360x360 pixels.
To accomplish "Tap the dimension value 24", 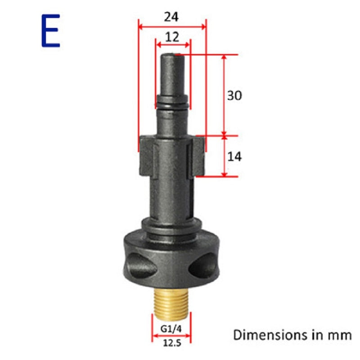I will pyautogui.click(x=171, y=17).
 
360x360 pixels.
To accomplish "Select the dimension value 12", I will pyautogui.click(x=172, y=37).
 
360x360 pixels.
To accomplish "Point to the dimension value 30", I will pyautogui.click(x=234, y=96).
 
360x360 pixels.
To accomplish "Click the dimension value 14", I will pyautogui.click(x=234, y=157).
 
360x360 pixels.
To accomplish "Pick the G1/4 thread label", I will pyautogui.click(x=171, y=328).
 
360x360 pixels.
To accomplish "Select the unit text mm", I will pyautogui.click(x=341, y=335).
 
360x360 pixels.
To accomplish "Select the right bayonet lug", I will pyautogui.click(x=198, y=155).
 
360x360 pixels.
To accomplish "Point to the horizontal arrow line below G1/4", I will pyautogui.click(x=171, y=337).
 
